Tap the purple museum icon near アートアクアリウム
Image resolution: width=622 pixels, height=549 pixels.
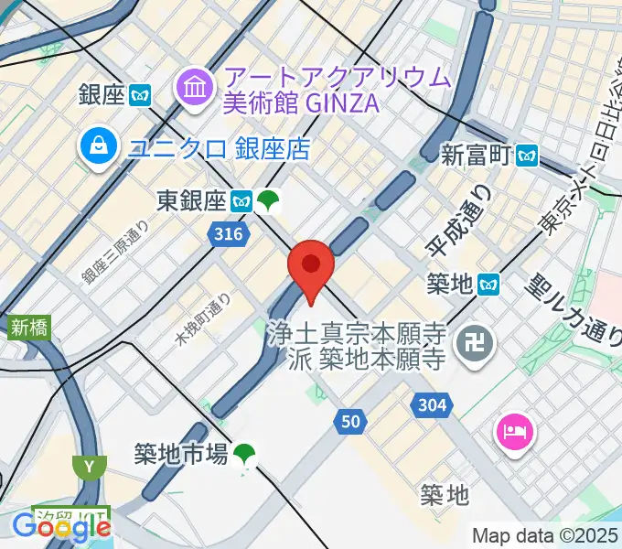193,89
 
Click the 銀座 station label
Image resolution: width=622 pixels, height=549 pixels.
102,94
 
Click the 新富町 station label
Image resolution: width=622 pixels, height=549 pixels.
475,155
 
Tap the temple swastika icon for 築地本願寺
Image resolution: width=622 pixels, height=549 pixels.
477,345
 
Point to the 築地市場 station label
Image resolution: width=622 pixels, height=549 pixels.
180,453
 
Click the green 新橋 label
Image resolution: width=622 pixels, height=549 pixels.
29,327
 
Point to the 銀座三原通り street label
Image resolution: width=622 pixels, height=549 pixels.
115,253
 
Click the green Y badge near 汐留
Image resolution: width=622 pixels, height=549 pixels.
89,468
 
